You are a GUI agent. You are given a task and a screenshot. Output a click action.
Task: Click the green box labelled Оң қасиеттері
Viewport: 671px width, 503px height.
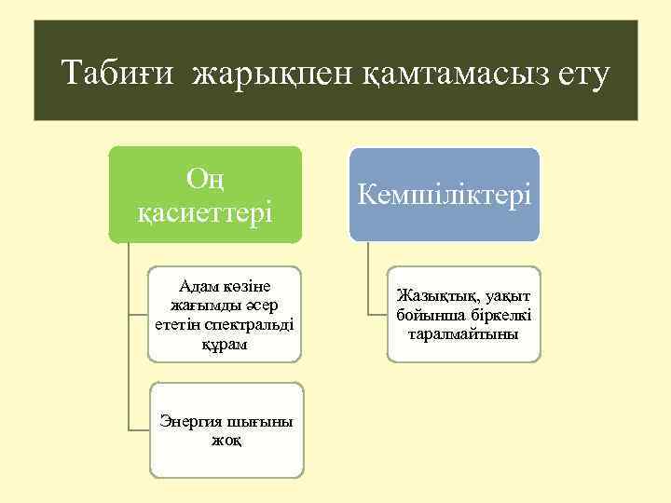204,195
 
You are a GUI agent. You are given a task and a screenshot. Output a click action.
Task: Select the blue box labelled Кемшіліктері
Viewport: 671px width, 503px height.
445,195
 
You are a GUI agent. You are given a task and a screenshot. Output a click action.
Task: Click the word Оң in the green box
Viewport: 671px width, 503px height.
204,177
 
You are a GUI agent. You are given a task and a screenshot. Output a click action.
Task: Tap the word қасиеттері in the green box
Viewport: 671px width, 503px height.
204,213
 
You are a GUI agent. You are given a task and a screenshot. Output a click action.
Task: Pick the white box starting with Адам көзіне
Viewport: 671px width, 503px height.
225,315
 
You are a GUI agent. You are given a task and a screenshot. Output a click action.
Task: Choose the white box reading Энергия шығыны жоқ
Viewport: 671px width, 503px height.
226,429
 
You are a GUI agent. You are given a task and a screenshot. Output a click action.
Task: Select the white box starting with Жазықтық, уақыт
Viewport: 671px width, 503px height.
463,313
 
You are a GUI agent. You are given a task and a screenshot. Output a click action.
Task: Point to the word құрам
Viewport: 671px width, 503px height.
224,344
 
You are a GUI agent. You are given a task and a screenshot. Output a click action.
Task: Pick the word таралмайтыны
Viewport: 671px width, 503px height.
463,332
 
